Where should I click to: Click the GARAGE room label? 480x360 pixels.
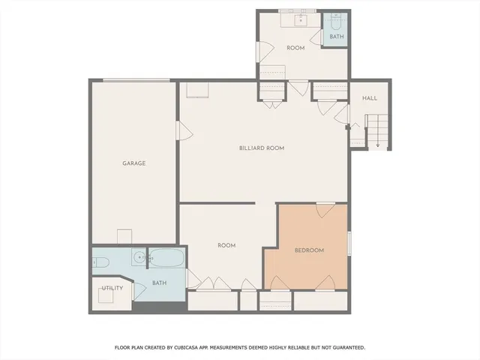coord(134,163)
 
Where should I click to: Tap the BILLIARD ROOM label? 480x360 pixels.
coord(262,148)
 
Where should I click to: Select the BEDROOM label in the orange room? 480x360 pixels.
coord(309,250)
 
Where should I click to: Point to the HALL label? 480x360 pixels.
coord(370,98)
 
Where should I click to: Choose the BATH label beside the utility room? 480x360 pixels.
coord(160,283)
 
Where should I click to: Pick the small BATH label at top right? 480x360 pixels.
coord(337,36)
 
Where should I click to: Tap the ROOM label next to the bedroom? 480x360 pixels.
coord(226,245)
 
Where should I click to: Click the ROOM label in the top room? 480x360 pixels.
coord(295,48)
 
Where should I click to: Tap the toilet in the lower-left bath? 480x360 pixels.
coord(102,262)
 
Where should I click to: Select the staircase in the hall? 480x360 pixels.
coord(376,130)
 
